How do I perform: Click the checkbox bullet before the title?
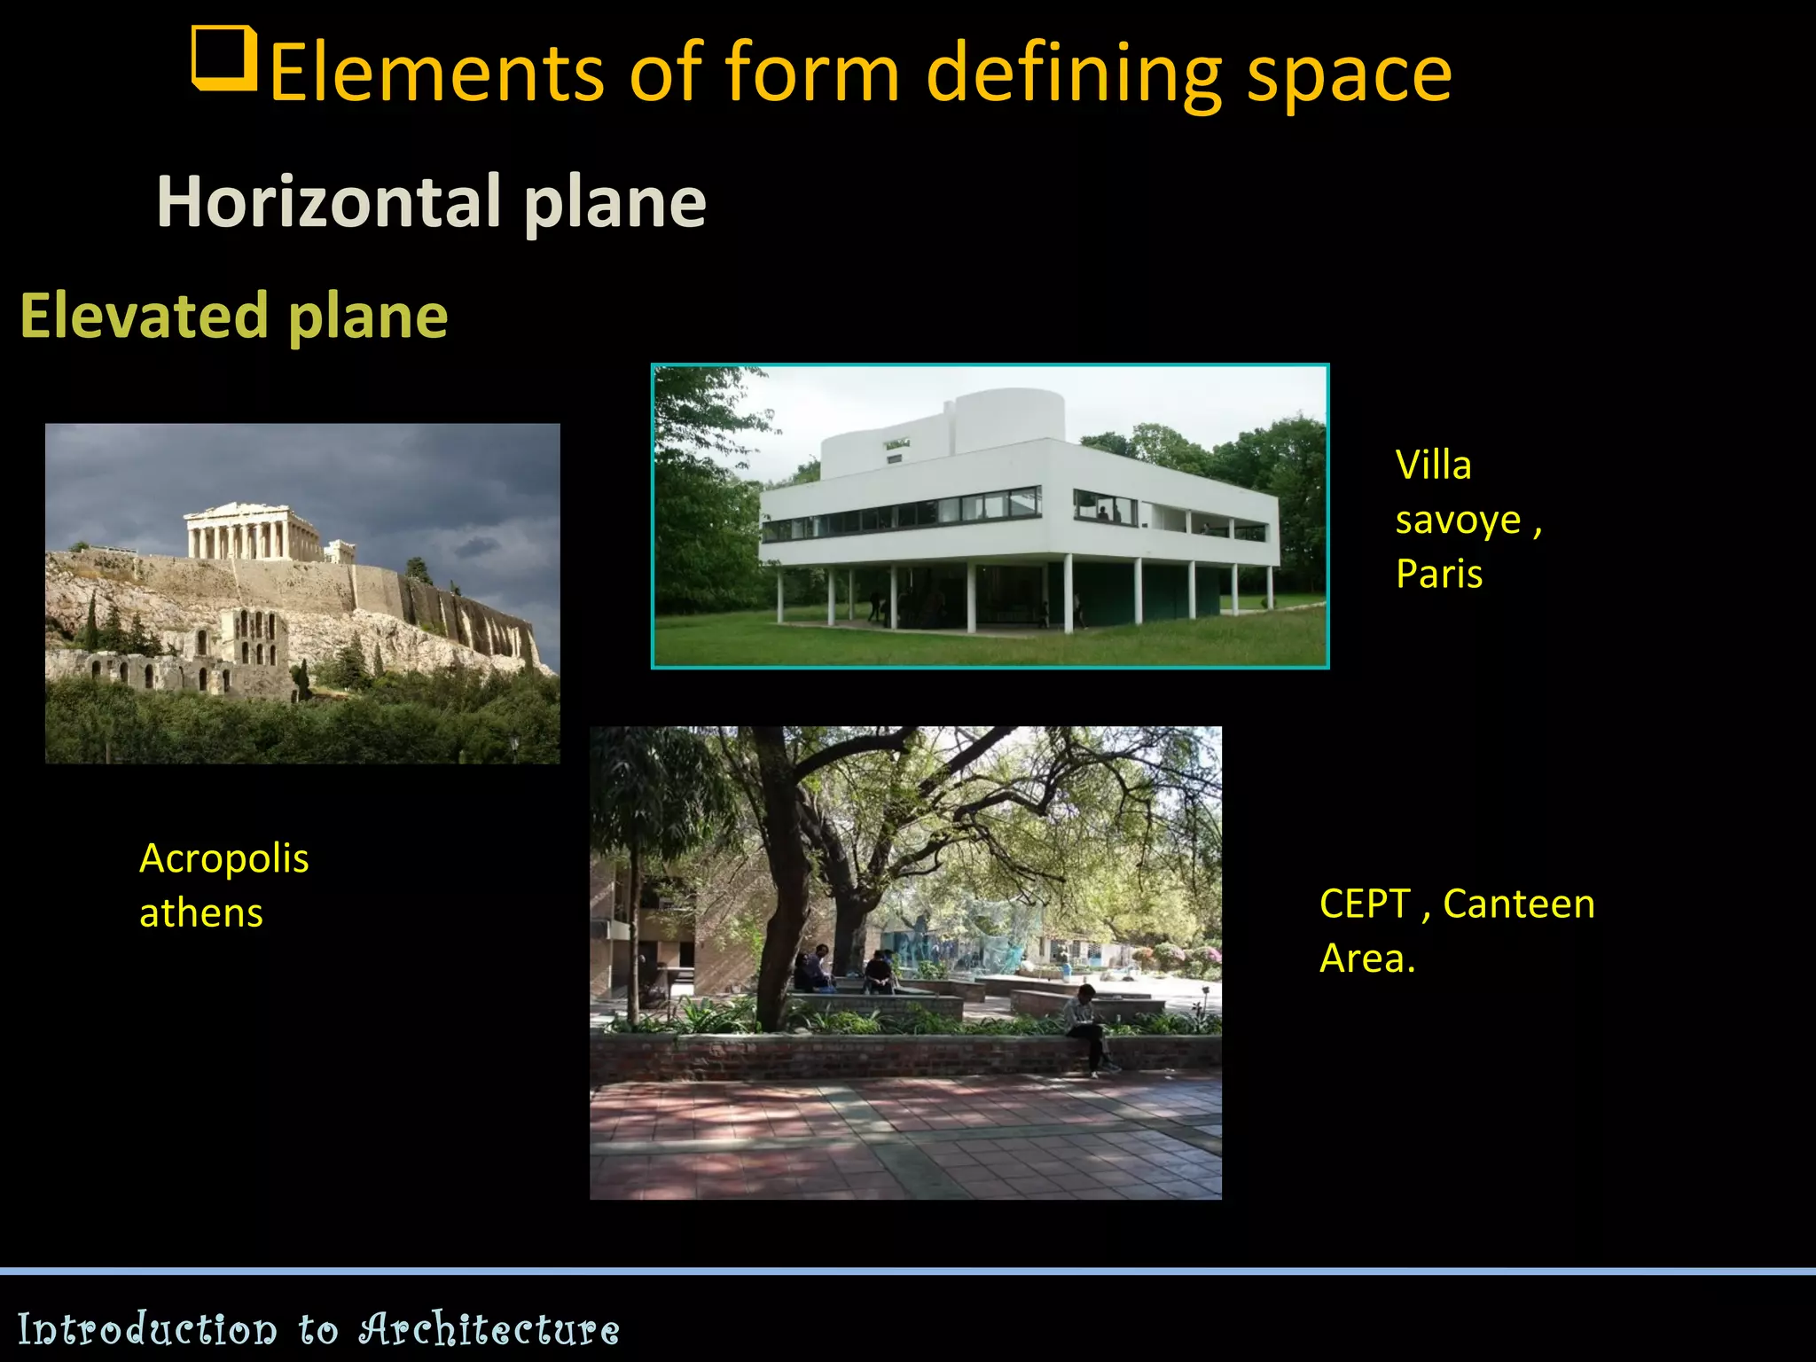(x=224, y=59)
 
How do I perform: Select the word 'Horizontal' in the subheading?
(x=329, y=202)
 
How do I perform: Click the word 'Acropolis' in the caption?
(x=224, y=858)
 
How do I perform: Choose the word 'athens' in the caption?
(x=201, y=913)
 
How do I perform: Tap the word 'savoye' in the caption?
(x=1459, y=521)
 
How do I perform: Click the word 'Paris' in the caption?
(x=1439, y=575)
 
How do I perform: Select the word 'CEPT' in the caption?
(x=1365, y=904)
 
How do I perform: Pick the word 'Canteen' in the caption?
(x=1519, y=904)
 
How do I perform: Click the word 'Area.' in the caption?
(x=1367, y=959)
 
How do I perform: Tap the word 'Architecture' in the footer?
(x=489, y=1329)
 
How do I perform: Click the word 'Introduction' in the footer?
(x=147, y=1329)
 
